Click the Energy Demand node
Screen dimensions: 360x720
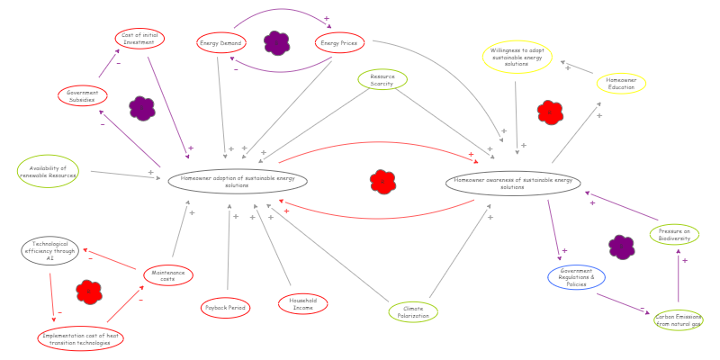(x=221, y=42)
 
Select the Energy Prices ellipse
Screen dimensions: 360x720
(x=339, y=42)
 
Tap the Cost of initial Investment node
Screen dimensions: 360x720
(x=139, y=39)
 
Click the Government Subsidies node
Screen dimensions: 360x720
(x=83, y=95)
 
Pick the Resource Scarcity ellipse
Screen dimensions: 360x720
(x=382, y=80)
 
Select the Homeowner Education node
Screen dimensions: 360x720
(x=621, y=84)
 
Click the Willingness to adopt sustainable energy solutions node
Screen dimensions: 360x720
(x=517, y=57)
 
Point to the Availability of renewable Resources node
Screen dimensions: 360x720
(x=48, y=171)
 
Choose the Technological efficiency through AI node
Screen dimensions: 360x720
(x=50, y=250)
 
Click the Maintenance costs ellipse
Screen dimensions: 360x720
(x=168, y=275)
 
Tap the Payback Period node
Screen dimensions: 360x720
(x=225, y=308)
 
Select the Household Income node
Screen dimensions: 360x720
(x=303, y=304)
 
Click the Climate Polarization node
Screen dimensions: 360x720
(x=413, y=312)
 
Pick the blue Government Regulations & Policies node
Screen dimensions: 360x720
(x=576, y=276)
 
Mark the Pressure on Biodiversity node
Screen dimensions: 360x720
(x=674, y=235)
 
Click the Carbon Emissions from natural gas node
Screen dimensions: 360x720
(x=679, y=320)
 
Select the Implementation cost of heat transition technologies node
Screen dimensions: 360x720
(x=81, y=338)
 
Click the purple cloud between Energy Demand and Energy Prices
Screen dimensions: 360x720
(x=277, y=42)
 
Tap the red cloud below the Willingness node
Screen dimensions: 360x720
(x=550, y=112)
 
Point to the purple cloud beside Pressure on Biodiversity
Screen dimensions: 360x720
(x=621, y=247)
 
